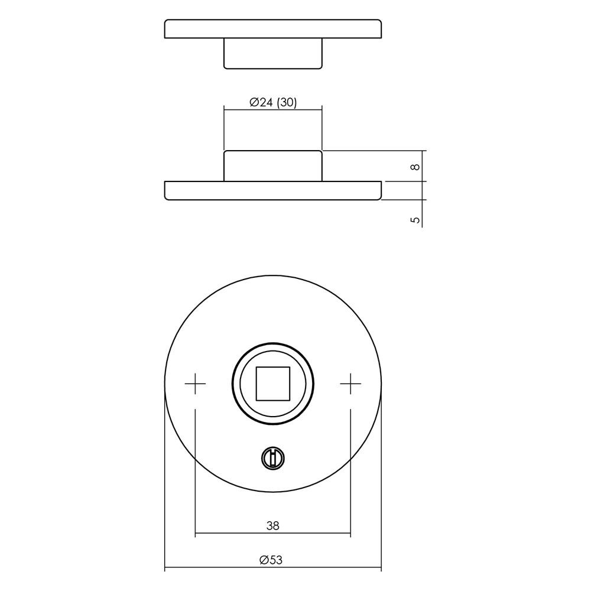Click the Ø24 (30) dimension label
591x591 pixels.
[273, 102]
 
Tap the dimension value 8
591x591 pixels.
[415, 166]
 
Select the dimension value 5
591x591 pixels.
[415, 220]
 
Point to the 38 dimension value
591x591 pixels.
[273, 525]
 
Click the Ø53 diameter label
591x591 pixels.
[271, 560]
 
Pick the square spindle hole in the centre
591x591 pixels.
[273, 384]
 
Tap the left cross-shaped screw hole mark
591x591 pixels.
[195, 384]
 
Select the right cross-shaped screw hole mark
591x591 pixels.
[350, 384]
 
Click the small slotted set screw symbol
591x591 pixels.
[273, 459]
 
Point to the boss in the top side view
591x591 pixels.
[273, 54]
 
